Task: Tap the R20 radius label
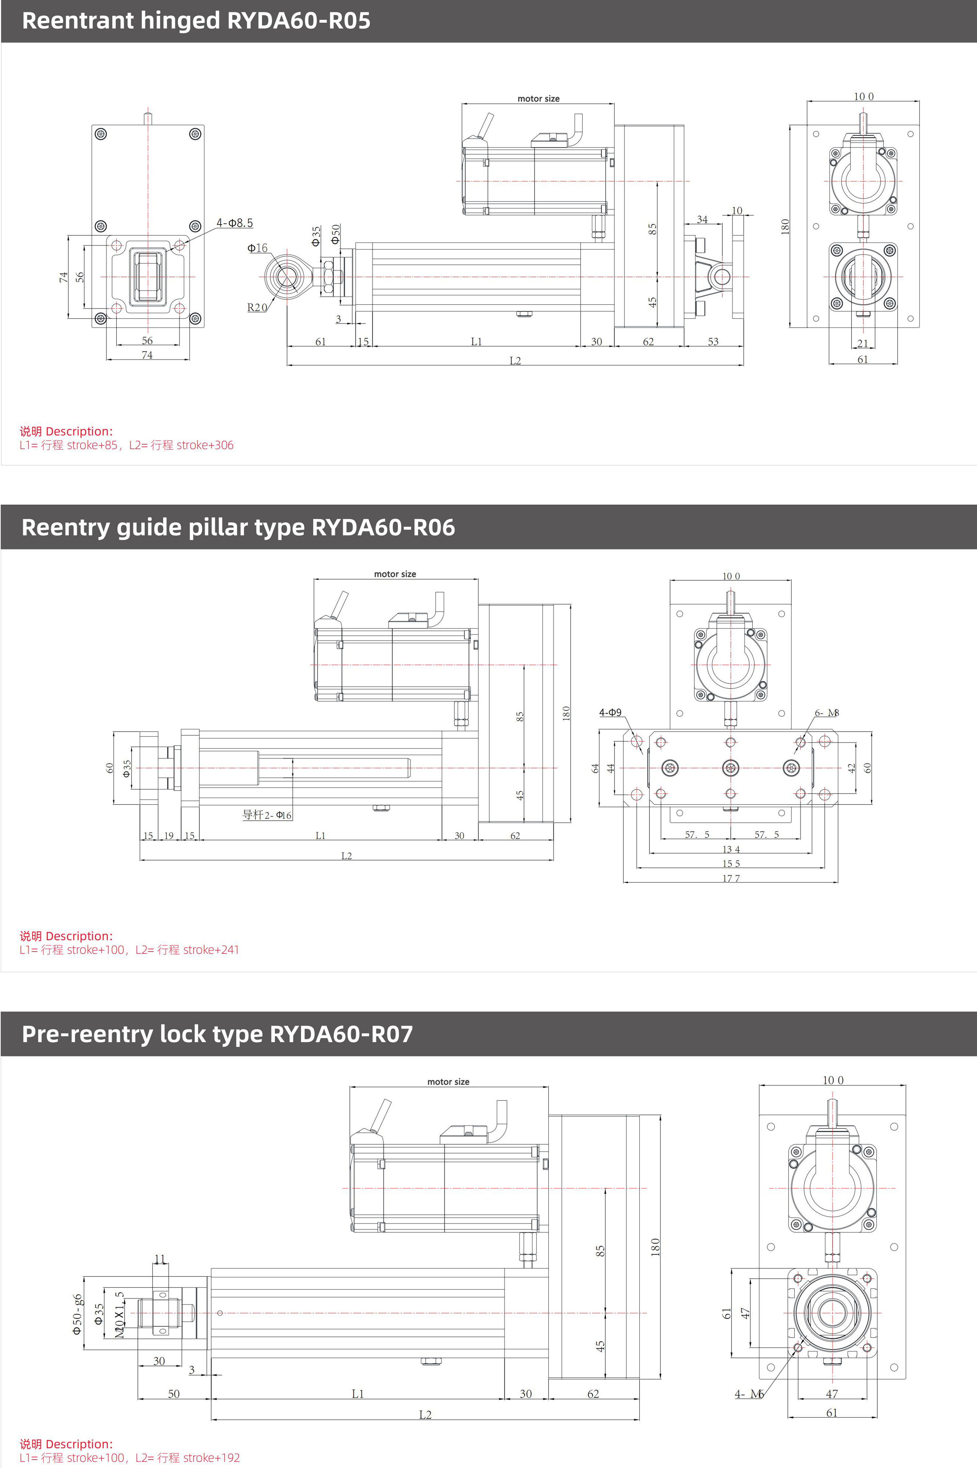click(257, 307)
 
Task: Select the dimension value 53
click(713, 341)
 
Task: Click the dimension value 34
click(702, 219)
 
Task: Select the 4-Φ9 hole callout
click(610, 712)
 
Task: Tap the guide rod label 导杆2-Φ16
click(267, 814)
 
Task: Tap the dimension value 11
click(160, 1259)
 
